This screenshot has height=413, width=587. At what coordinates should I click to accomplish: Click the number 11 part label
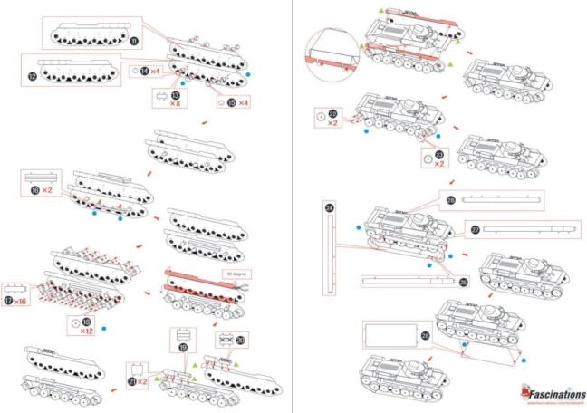click(135, 41)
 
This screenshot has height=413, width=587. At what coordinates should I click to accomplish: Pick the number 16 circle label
click(34, 192)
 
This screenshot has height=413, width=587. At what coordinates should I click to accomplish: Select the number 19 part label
click(183, 346)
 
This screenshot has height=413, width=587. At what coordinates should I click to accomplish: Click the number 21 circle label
click(133, 381)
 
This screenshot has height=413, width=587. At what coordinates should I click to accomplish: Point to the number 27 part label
click(475, 229)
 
